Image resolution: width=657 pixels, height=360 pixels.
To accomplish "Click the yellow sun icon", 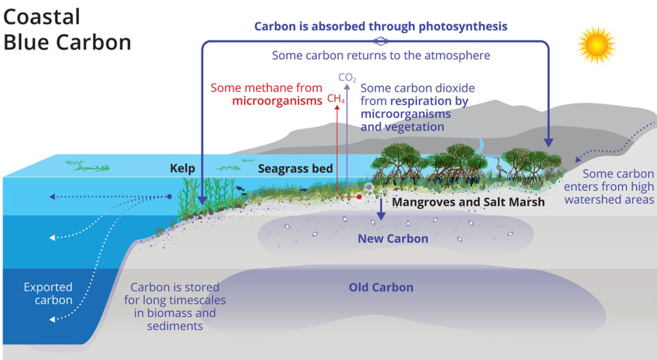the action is tap(597, 45).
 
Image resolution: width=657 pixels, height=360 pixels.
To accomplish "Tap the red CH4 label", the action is tap(336, 99).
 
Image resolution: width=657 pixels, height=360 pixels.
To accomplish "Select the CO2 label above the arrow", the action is tap(347, 78).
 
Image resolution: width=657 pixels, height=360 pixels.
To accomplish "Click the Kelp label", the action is tap(182, 169).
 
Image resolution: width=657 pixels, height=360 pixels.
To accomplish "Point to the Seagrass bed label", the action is tap(295, 169).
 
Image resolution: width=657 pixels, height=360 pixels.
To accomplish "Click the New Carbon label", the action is tap(393, 239).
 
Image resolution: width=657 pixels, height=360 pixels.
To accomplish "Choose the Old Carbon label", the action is tap(381, 287).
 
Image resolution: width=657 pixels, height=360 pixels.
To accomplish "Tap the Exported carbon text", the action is tap(48, 293).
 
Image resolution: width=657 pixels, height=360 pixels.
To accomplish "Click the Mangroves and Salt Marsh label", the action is tap(468, 202).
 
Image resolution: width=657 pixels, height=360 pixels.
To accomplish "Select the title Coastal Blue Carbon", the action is tap(67, 30).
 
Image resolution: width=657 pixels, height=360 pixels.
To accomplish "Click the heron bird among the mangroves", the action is tap(499, 166).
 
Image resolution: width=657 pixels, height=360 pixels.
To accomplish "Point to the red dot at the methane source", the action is tap(359, 196).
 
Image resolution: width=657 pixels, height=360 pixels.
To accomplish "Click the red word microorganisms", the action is tap(277, 101).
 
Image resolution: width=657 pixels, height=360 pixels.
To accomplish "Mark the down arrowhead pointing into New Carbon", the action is tap(381, 216).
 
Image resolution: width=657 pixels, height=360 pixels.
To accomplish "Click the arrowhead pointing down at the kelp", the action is tap(202, 200).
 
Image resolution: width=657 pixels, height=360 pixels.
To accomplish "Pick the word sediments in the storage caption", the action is tap(175, 326).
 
